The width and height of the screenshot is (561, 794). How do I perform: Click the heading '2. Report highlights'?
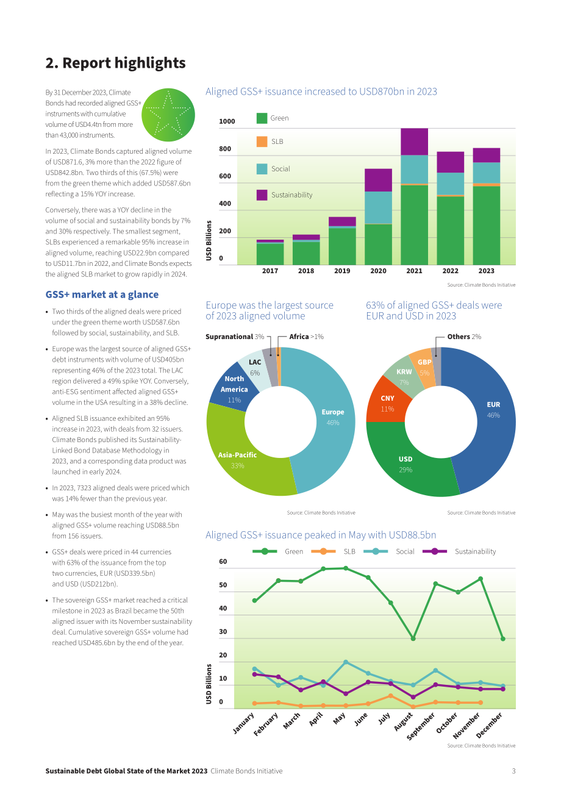(x=115, y=63)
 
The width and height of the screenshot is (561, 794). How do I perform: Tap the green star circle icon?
(x=168, y=115)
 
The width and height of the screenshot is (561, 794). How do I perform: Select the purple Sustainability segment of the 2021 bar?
(x=414, y=141)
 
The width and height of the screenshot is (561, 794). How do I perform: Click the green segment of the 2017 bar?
(x=270, y=254)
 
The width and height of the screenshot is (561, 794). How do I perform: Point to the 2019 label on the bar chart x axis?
(x=342, y=271)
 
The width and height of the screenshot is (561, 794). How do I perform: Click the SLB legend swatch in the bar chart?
(x=262, y=141)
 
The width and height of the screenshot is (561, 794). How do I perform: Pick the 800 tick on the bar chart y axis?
(x=224, y=149)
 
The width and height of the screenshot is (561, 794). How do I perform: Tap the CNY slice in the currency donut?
(x=387, y=403)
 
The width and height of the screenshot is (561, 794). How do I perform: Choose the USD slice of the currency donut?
(x=407, y=464)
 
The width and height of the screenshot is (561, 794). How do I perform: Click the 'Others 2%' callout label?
(x=464, y=337)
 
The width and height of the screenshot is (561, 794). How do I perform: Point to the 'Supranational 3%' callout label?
(x=235, y=337)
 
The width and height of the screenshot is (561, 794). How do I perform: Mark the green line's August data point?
(x=413, y=638)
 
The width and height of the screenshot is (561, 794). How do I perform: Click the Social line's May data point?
(x=346, y=662)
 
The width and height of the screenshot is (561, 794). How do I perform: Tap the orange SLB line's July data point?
(x=390, y=696)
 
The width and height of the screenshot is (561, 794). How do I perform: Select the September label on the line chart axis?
(x=421, y=727)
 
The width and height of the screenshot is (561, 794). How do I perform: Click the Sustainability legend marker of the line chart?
(x=435, y=551)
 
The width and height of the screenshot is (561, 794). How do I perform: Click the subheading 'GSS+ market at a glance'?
(x=102, y=295)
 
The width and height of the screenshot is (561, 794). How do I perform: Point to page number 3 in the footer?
(x=513, y=771)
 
